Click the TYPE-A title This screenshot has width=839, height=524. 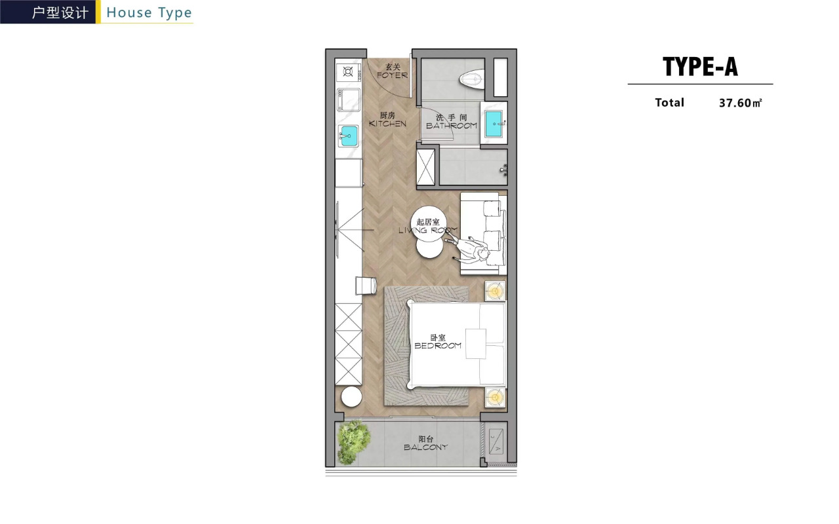(700, 67)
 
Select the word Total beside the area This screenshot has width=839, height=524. (669, 102)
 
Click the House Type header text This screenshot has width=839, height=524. (149, 12)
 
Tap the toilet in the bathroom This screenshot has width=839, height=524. (471, 80)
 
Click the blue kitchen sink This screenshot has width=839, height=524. (348, 137)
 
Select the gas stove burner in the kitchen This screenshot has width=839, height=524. (347, 71)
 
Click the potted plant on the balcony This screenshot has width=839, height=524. (353, 440)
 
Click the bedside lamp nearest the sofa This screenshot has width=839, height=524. (496, 291)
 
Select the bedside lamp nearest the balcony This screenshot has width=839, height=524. (496, 396)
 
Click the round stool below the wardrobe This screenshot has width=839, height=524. (351, 397)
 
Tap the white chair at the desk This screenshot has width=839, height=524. (364, 286)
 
